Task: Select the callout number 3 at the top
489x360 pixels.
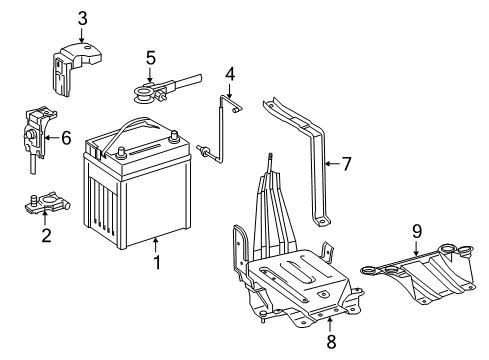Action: [x=83, y=17]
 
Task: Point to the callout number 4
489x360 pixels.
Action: [x=229, y=74]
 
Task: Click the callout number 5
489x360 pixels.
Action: [x=151, y=56]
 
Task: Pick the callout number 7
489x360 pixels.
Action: [x=346, y=162]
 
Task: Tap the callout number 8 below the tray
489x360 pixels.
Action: [x=330, y=342]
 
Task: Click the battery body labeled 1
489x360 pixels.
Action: [x=140, y=210]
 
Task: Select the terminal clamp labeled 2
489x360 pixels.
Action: [x=40, y=206]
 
